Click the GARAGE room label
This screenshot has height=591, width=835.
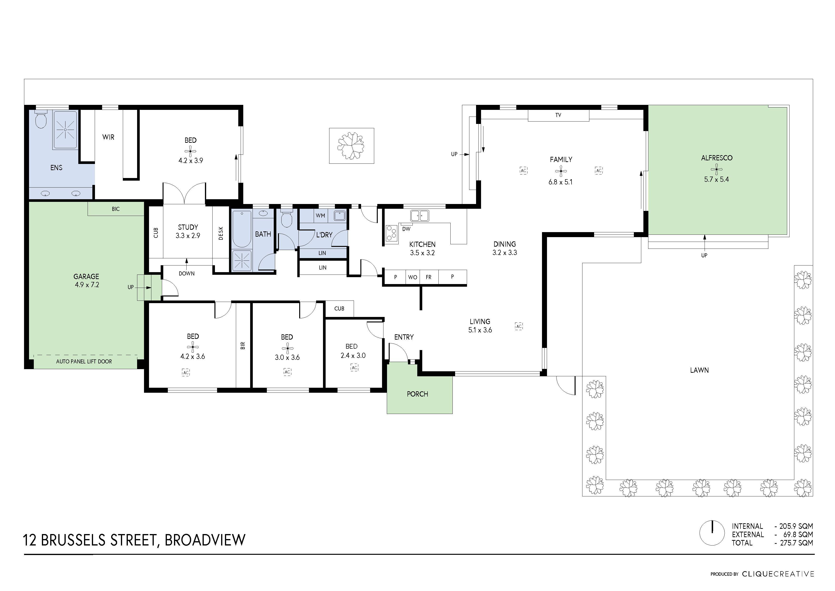tap(86, 277)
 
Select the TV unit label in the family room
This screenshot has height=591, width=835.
tap(558, 115)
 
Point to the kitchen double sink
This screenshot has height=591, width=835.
tap(419, 216)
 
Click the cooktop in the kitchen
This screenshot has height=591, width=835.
tap(391, 233)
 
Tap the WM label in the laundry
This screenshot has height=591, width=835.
tap(320, 216)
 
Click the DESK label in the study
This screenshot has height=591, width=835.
tap(221, 233)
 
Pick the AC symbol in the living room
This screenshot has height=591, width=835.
tap(519, 326)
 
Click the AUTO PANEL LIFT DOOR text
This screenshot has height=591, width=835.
tap(84, 362)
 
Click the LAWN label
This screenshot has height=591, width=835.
tap(699, 370)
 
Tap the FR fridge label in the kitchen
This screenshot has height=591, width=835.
tap(428, 277)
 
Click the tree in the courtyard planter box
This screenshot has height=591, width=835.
tap(351, 146)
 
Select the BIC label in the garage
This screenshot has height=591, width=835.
tap(116, 209)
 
